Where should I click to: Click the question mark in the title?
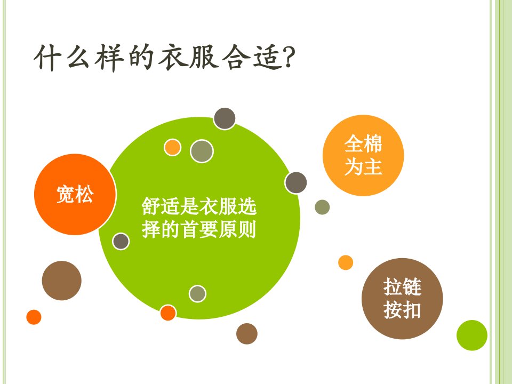(288, 57)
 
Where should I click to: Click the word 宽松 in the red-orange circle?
(75, 195)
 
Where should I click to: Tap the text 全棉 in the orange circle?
(363, 143)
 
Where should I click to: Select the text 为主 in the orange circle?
(363, 166)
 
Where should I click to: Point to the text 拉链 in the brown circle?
(402, 286)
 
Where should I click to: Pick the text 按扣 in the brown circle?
(402, 309)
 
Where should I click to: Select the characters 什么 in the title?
(62, 57)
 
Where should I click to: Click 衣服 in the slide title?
(188, 57)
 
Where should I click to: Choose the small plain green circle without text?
(472, 335)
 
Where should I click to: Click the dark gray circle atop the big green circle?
(225, 118)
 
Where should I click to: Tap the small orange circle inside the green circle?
(172, 147)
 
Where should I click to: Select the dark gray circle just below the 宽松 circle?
(121, 242)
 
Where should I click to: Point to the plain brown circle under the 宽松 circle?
(62, 281)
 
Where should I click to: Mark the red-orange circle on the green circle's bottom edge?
(168, 313)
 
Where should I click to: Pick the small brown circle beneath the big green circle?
(247, 334)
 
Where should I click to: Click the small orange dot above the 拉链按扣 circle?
(346, 262)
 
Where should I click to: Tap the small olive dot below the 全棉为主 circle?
(322, 207)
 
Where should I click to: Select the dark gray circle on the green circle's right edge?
(296, 183)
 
